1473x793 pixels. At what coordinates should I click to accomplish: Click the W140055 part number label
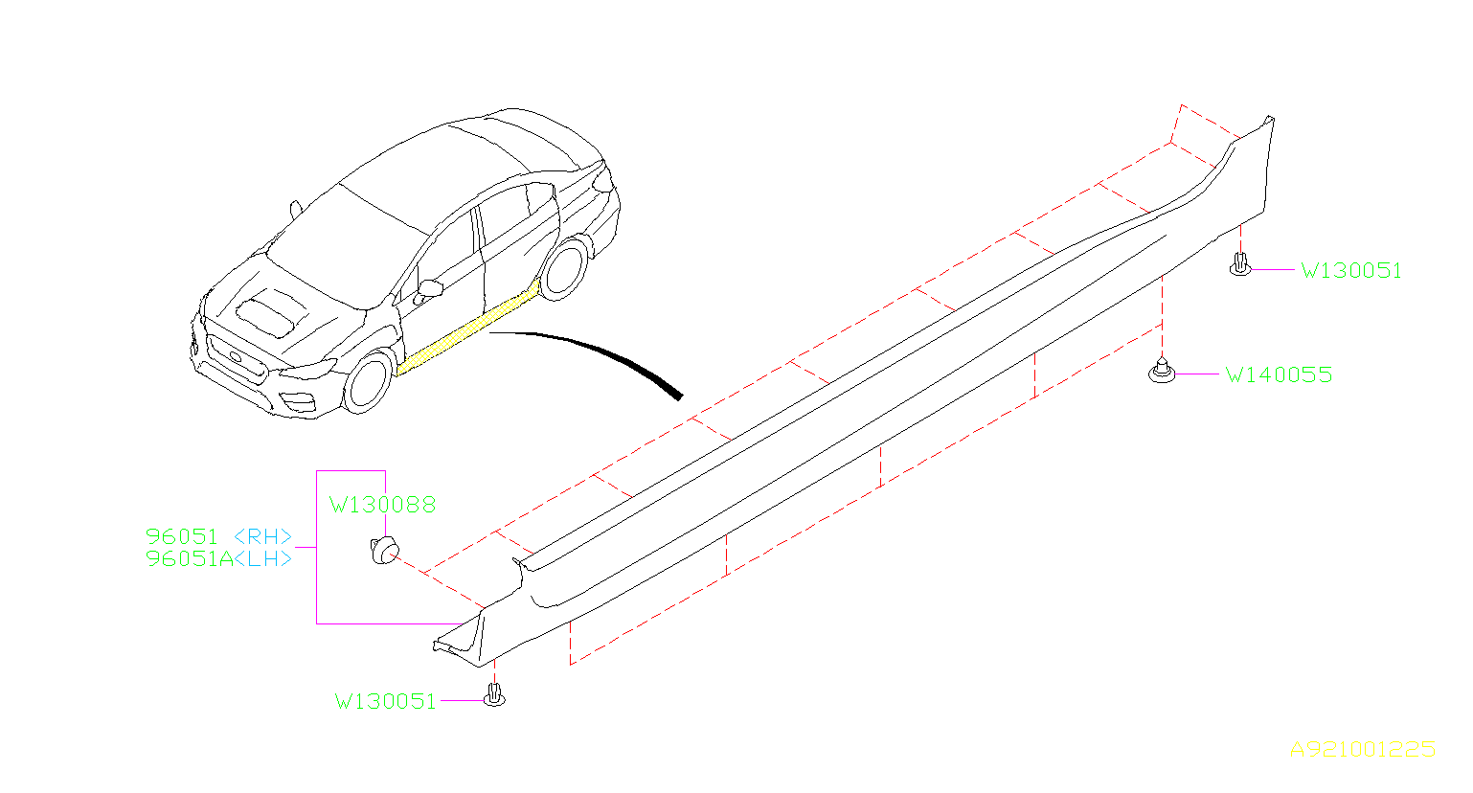tap(1279, 374)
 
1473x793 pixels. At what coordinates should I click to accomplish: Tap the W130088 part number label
tap(383, 505)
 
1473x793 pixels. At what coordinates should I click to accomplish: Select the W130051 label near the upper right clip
tap(1351, 271)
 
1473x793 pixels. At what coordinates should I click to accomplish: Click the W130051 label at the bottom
tap(385, 702)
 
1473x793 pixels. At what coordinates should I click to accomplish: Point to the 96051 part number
tap(182, 536)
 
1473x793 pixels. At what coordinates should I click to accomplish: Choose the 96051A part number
tap(190, 559)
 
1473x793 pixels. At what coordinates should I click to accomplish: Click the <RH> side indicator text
tap(263, 536)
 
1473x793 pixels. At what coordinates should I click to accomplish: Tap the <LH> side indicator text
tap(263, 559)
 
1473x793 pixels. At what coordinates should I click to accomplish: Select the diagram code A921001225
tap(1363, 750)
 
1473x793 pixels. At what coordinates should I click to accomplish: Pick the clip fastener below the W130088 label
tap(385, 551)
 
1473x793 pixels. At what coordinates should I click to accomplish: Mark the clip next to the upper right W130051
tap(1240, 264)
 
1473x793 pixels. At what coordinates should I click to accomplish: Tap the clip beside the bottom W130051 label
tap(494, 695)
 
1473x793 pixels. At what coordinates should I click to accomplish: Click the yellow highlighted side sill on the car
tap(468, 329)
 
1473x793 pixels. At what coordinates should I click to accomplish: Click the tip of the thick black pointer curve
tap(680, 396)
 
